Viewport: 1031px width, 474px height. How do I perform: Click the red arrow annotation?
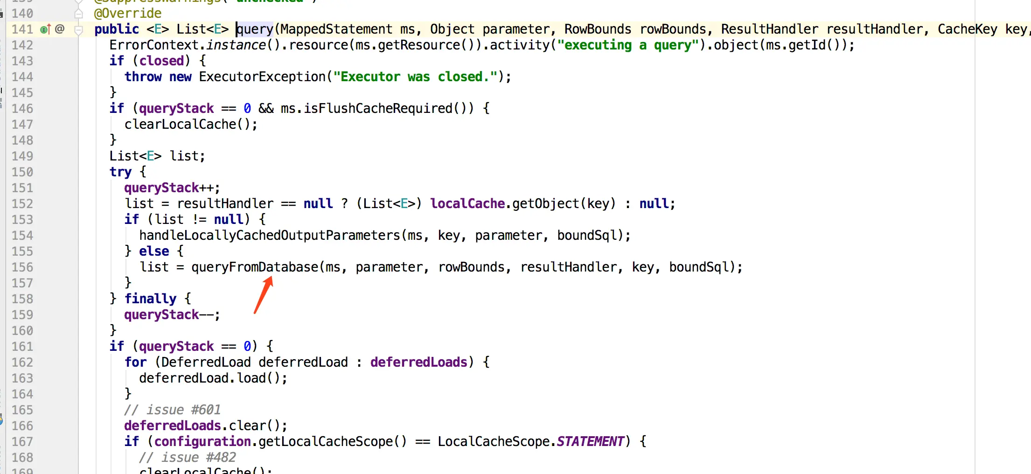click(x=264, y=294)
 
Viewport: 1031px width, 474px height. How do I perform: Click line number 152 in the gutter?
click(x=22, y=204)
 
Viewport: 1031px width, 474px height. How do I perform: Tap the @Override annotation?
click(x=128, y=13)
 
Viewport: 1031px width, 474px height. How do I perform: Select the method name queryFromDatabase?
click(x=255, y=267)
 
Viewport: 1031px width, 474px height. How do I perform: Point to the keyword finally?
click(x=150, y=299)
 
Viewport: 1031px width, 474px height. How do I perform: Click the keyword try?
click(x=120, y=172)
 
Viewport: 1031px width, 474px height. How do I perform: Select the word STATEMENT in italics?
click(x=590, y=442)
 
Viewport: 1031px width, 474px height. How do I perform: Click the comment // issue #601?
click(x=172, y=410)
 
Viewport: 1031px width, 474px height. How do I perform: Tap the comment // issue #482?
click(x=187, y=458)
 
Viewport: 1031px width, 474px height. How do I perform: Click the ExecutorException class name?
click(x=262, y=77)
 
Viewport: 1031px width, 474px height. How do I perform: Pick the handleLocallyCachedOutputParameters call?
click(x=270, y=236)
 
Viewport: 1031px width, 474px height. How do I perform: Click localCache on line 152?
click(x=467, y=204)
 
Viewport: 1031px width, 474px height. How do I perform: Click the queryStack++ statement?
click(x=171, y=188)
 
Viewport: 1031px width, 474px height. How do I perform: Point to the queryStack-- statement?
click(x=171, y=315)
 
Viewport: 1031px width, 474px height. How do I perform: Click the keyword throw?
click(x=143, y=77)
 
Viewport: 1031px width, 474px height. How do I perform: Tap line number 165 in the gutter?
click(x=22, y=410)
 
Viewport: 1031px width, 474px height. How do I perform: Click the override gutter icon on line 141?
click(x=45, y=29)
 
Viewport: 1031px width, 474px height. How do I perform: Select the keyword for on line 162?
click(x=135, y=362)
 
